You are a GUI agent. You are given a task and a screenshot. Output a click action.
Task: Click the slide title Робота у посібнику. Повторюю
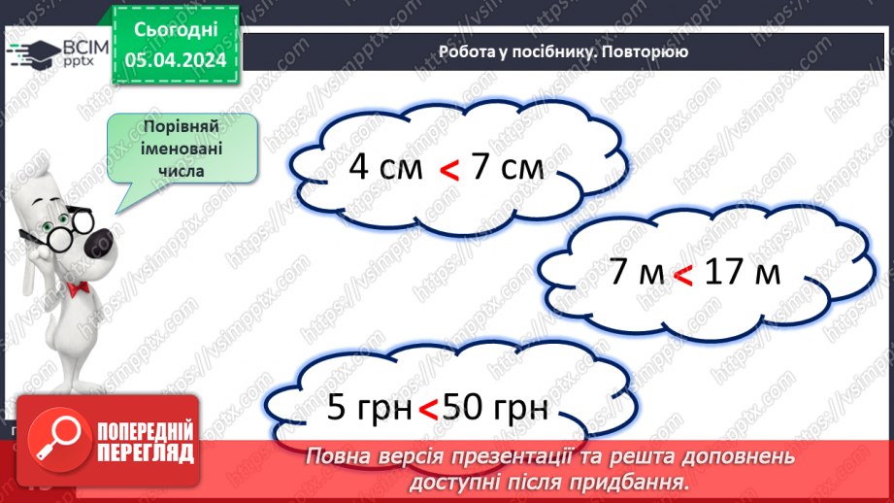[563, 51]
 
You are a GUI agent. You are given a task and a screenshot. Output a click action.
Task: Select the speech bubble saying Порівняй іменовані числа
[182, 150]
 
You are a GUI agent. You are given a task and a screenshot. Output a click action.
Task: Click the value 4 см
[385, 167]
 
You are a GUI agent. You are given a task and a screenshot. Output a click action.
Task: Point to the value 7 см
[507, 167]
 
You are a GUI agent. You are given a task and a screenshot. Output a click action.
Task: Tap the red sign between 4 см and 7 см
[448, 171]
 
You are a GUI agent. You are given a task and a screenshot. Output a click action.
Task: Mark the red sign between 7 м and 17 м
[682, 277]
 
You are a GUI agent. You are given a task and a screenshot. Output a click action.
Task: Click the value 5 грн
[369, 408]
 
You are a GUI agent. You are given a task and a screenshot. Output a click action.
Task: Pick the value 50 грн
[494, 408]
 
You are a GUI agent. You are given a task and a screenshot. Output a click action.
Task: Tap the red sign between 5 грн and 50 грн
[427, 412]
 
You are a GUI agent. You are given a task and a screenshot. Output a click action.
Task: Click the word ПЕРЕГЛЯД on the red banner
[147, 453]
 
